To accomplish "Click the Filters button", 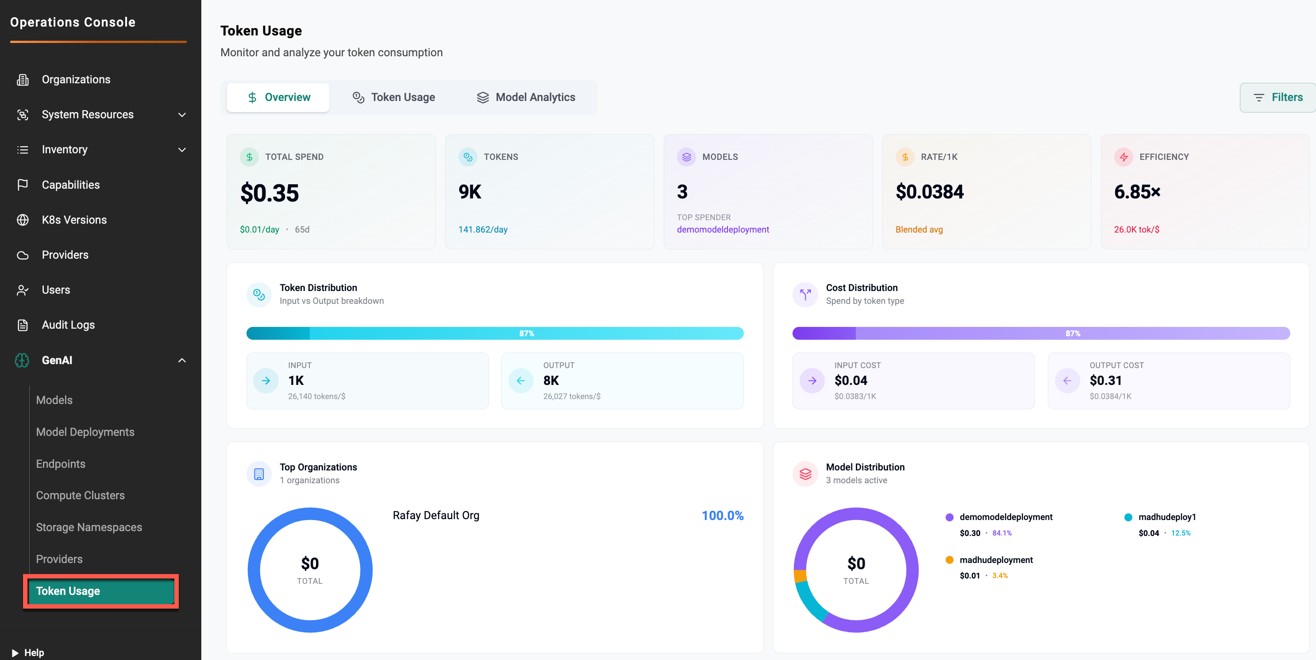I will tap(1278, 97).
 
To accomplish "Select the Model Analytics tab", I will tap(526, 97).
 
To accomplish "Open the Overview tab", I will tap(278, 97).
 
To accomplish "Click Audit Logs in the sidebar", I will tap(68, 325).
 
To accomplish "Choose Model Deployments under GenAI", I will tap(85, 432).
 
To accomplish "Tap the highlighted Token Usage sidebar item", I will tap(100, 591).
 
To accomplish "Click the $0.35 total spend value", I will tap(269, 193).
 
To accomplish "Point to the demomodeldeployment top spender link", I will tap(722, 229).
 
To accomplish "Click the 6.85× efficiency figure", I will tap(1137, 192).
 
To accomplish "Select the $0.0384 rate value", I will tap(929, 192).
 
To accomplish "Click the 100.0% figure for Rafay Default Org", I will tap(722, 515).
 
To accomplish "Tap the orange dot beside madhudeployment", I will tap(949, 560).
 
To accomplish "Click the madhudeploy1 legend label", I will tap(1167, 517).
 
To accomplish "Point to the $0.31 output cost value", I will tap(1105, 380).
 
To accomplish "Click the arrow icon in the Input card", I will tap(266, 380).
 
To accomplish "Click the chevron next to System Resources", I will tap(182, 115).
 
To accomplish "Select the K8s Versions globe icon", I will tap(23, 220).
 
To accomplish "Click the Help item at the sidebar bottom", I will tap(34, 652).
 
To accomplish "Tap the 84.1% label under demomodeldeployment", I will tap(1001, 533).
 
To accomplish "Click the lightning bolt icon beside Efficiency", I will tap(1124, 157).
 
